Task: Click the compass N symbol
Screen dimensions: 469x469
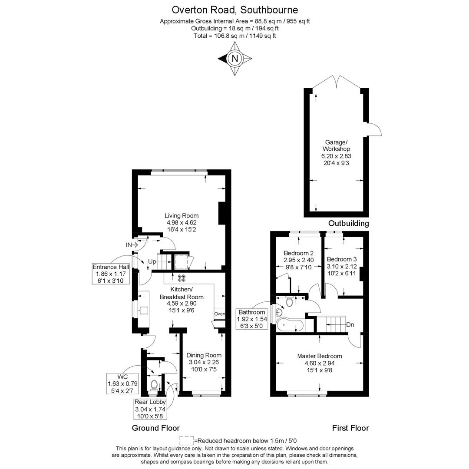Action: pos(235,59)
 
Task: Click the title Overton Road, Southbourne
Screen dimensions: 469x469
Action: pos(235,10)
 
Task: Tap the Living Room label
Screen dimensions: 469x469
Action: pos(182,215)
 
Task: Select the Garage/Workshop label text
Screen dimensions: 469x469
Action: pos(336,145)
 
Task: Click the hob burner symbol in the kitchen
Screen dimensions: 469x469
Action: pos(182,278)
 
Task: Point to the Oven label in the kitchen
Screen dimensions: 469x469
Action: pos(220,314)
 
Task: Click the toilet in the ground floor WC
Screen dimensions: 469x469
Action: pos(154,385)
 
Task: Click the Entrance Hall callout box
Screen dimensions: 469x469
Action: pos(110,274)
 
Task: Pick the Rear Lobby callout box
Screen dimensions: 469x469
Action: pos(150,409)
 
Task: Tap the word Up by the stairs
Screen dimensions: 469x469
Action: pos(152,262)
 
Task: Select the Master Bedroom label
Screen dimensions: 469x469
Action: pos(319,356)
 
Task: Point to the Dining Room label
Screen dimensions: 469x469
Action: pos(204,355)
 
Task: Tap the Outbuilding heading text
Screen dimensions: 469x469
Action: pos(348,223)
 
